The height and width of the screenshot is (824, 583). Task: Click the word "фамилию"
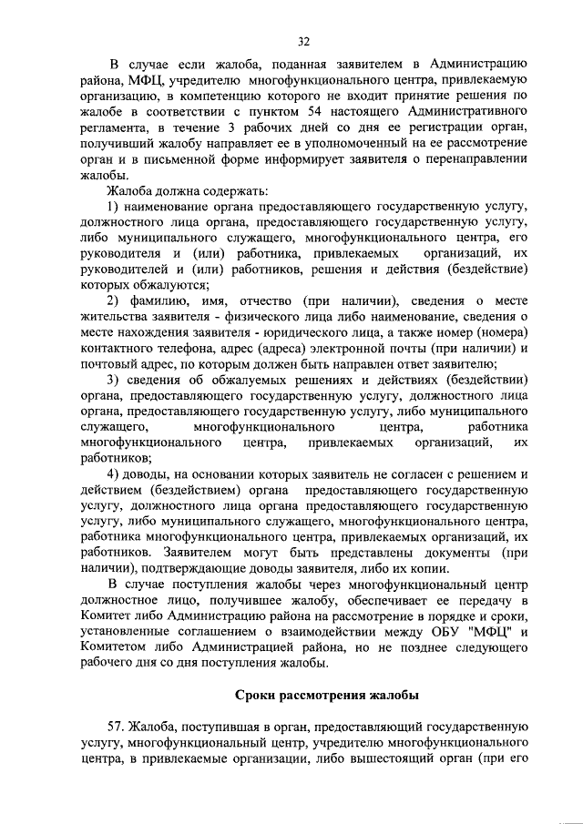(167, 301)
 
